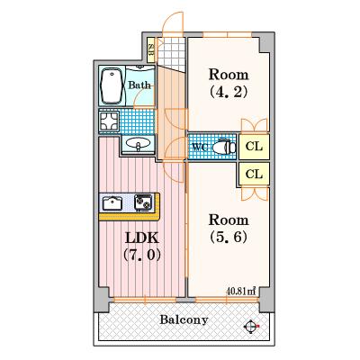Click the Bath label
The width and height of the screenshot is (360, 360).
pyautogui.click(x=139, y=85)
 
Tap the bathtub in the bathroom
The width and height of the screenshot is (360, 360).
pyautogui.click(x=112, y=85)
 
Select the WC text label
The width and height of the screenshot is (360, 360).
pyautogui.click(x=200, y=147)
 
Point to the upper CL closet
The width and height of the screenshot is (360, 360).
pyautogui.click(x=253, y=147)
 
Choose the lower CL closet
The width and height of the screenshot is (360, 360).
pyautogui.click(x=253, y=173)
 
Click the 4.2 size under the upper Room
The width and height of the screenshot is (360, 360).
pyautogui.click(x=228, y=91)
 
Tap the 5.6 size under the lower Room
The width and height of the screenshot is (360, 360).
pyautogui.click(x=228, y=238)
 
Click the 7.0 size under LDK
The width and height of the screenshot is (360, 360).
pyautogui.click(x=140, y=255)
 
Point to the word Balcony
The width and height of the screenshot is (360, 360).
pyautogui.click(x=184, y=319)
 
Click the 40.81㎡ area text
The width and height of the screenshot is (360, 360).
pyautogui.click(x=240, y=291)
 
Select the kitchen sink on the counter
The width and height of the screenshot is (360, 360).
pyautogui.click(x=113, y=202)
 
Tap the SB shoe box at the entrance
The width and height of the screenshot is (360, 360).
pyautogui.click(x=151, y=52)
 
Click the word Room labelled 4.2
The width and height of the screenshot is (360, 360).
pyautogui.click(x=228, y=73)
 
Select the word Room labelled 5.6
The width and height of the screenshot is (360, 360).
pyautogui.click(x=228, y=219)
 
